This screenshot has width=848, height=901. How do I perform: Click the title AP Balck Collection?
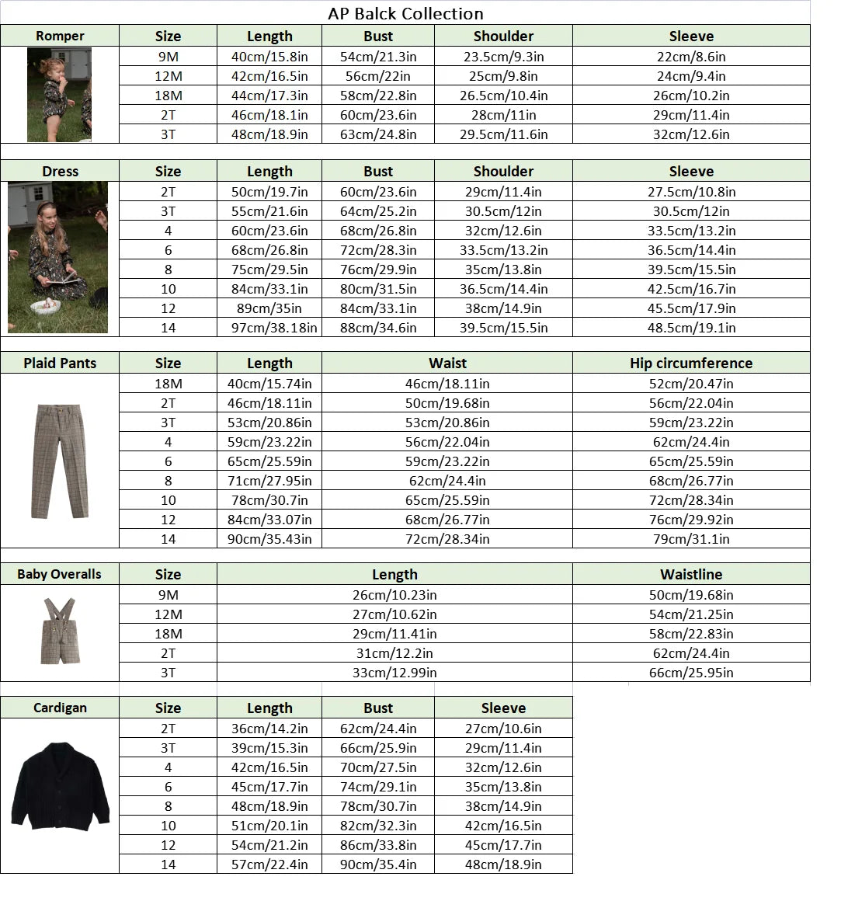click(x=405, y=13)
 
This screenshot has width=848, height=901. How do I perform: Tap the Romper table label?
click(x=60, y=36)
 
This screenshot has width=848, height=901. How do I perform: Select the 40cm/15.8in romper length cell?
click(x=269, y=57)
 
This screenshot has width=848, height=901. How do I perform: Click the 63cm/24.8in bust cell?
click(x=378, y=134)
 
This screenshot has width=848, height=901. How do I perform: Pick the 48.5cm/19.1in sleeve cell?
click(x=691, y=328)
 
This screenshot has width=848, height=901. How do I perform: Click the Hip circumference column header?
click(x=691, y=363)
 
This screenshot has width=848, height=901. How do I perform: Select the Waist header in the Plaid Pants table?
click(x=447, y=363)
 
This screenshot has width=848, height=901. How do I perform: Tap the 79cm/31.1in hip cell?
click(x=691, y=539)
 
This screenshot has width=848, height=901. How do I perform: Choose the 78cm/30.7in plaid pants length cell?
click(x=269, y=500)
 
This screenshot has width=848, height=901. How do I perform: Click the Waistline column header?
click(x=691, y=575)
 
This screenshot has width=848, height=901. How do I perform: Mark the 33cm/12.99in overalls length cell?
click(x=394, y=673)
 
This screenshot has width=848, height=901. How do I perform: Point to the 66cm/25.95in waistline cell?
click(x=691, y=673)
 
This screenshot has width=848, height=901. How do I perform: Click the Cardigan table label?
click(x=60, y=708)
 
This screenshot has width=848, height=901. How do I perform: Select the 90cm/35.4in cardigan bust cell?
click(x=378, y=864)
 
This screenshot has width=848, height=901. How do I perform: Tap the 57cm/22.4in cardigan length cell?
click(x=269, y=864)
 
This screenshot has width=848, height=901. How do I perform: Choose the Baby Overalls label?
click(x=60, y=574)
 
